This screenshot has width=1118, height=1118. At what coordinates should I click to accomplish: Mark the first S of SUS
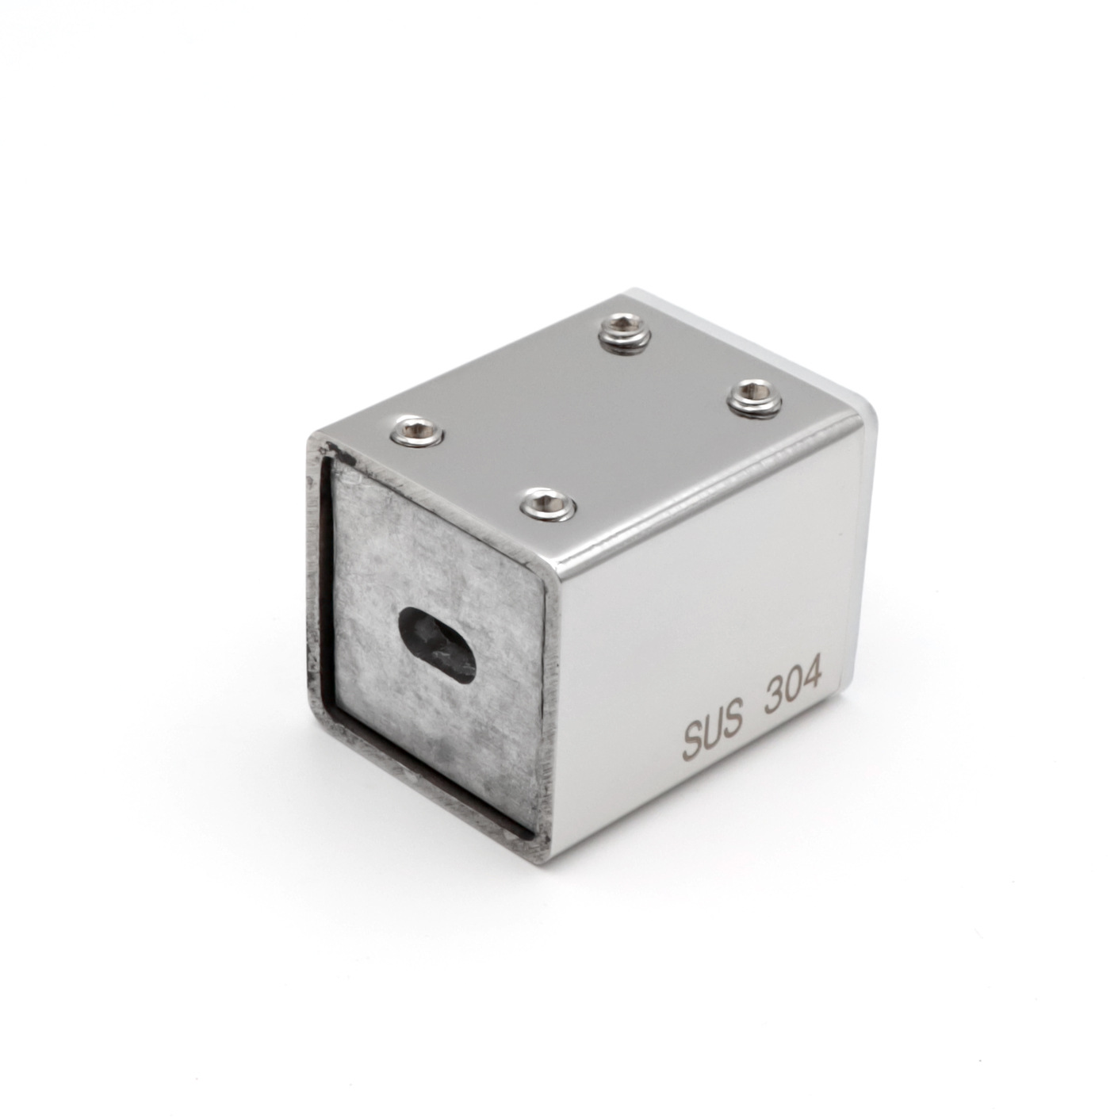(x=692, y=745)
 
